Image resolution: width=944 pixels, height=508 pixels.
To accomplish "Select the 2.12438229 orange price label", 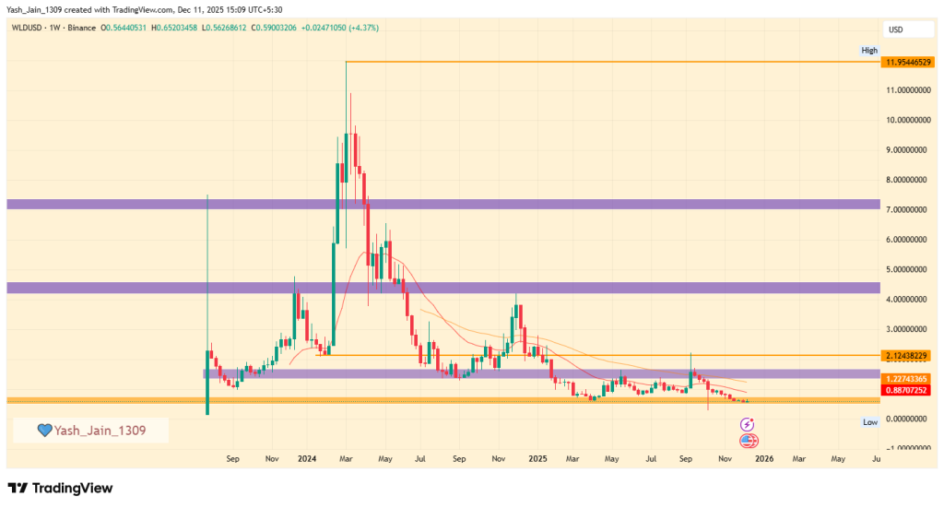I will click(x=904, y=355).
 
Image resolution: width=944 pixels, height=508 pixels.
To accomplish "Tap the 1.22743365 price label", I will click(x=904, y=379).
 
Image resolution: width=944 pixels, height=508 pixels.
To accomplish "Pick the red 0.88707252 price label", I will click(x=904, y=391).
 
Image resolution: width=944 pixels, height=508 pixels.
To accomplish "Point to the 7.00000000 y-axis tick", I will click(x=906, y=209).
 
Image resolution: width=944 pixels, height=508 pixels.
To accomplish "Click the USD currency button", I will click(x=895, y=30).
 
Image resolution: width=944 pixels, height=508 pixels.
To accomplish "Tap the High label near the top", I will click(x=869, y=50).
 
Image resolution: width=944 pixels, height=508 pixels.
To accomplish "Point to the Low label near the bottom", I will click(x=869, y=421).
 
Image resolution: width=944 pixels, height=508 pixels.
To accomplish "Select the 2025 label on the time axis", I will click(x=537, y=457).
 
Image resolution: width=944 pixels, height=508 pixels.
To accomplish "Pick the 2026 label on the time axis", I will click(x=762, y=457).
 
